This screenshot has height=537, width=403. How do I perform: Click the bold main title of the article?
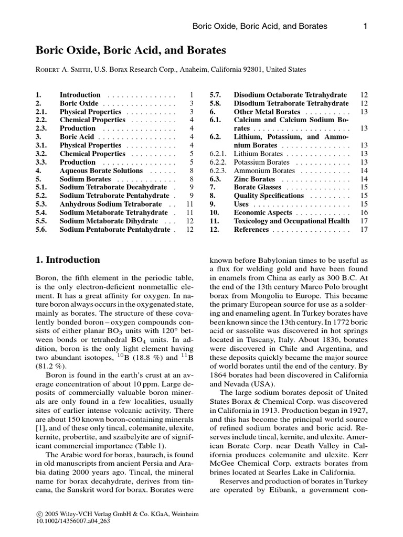131,50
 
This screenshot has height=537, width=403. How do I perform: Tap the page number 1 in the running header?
365,26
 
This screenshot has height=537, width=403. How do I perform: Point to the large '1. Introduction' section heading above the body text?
67,260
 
